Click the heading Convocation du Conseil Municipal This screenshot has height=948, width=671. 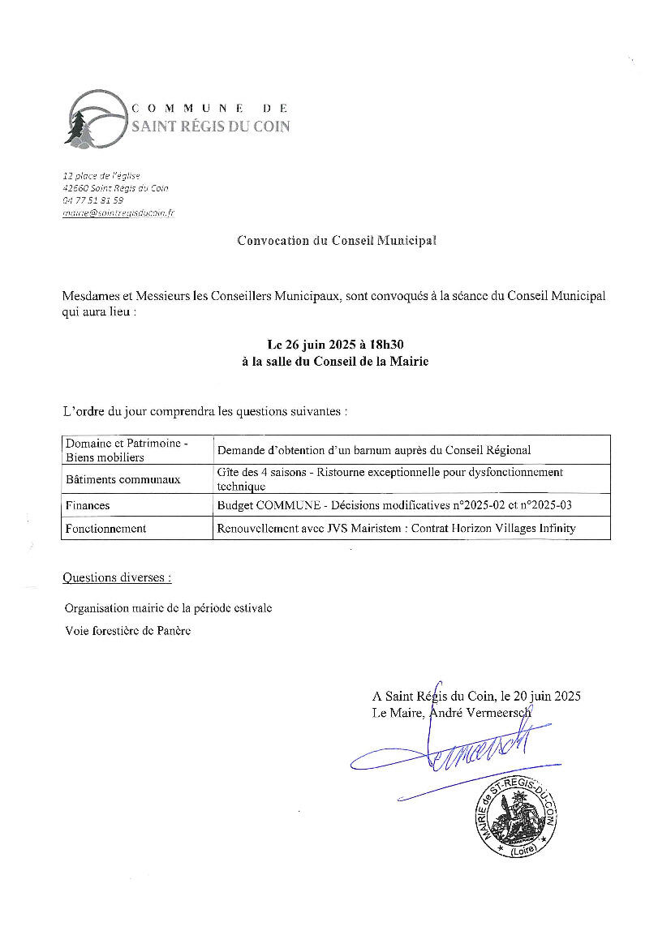(x=336, y=240)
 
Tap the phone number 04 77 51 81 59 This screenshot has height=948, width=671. (x=93, y=200)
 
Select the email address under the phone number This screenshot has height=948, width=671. (x=118, y=212)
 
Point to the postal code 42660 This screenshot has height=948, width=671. (x=75, y=188)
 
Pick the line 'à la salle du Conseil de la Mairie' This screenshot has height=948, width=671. (x=334, y=362)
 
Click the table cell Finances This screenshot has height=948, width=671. (x=88, y=505)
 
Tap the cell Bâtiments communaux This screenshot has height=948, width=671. (x=123, y=479)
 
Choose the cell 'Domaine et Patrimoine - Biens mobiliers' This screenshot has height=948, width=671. (x=127, y=450)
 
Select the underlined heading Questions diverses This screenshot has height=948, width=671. (x=117, y=578)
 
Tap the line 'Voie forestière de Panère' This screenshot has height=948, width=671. (x=127, y=631)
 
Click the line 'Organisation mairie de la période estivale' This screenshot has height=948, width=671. (x=169, y=607)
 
